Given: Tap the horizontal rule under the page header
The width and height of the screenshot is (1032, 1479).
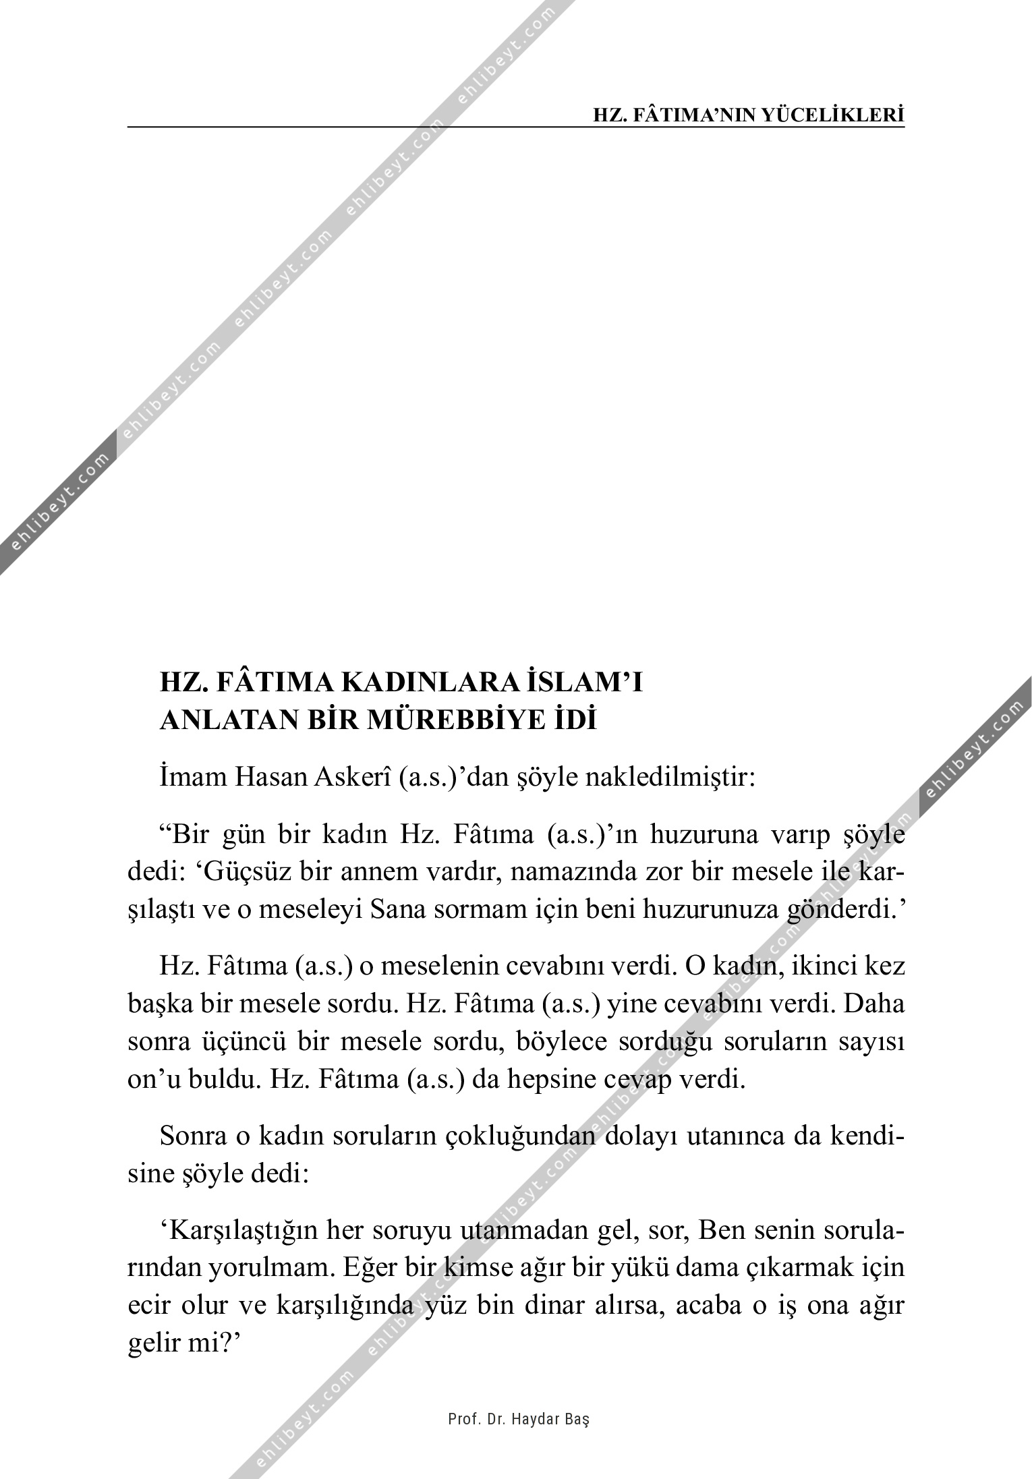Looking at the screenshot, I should coord(516,126).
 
